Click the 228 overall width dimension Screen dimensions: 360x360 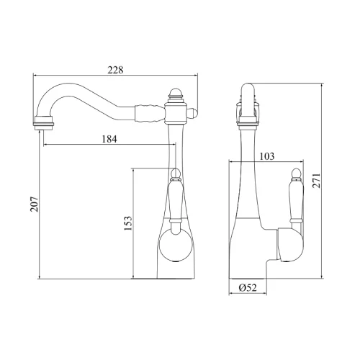(115, 70)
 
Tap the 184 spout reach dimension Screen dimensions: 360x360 (109, 139)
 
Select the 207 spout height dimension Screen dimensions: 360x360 (35, 204)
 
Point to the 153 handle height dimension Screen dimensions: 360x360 (128, 223)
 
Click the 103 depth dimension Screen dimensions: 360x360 (266, 156)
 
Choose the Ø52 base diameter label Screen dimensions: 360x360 (248, 287)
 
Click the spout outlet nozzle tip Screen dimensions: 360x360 (44, 123)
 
